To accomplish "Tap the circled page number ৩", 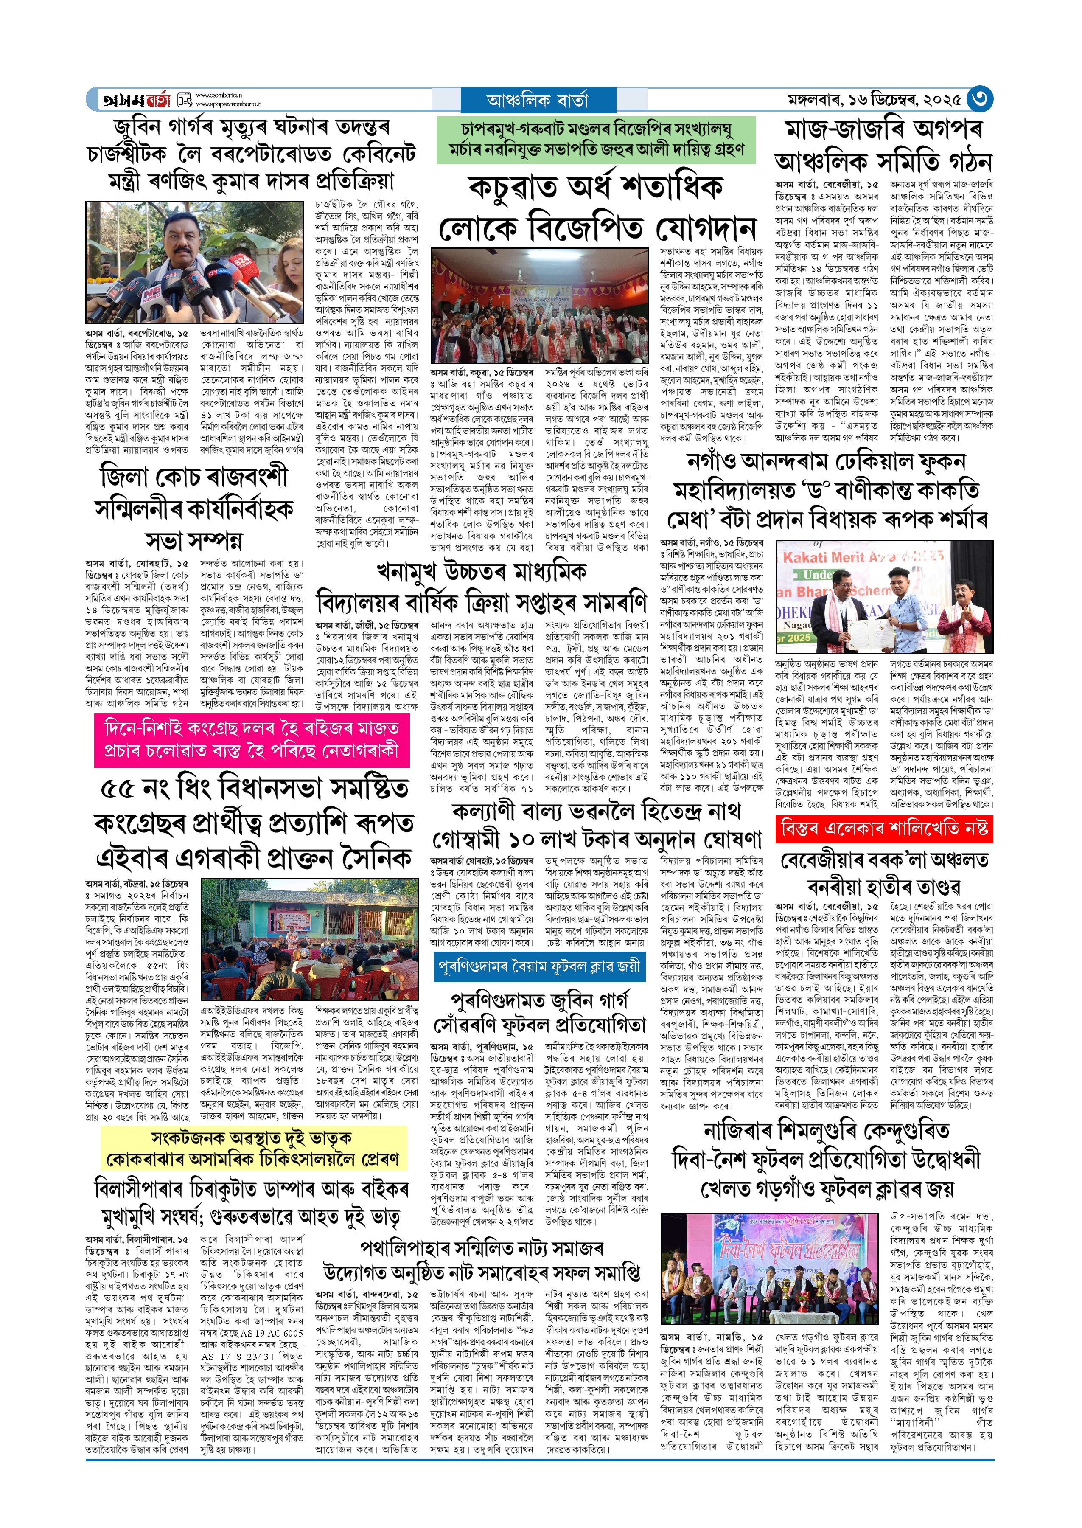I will pos(979,99).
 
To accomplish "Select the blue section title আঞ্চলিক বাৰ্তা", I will pos(538,101).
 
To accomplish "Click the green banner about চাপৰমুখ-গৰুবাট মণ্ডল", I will pos(596,140).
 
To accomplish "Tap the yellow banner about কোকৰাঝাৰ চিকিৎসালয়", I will pos(252,1149).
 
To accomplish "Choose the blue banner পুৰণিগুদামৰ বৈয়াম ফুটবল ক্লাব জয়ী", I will pos(538,966).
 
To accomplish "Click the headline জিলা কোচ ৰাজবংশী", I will pos(194,477).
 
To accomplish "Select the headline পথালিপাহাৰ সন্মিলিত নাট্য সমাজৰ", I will pos(481,1248).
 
